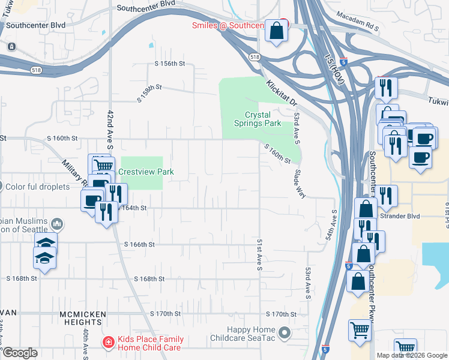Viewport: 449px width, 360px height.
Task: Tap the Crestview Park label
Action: (x=146, y=172)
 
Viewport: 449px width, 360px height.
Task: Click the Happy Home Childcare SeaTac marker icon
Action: (x=285, y=331)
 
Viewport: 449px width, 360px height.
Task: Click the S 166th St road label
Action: (x=140, y=245)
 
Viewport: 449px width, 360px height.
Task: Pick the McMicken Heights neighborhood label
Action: (x=83, y=314)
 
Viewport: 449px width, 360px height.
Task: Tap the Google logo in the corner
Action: (x=20, y=353)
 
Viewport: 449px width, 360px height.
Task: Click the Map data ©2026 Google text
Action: (x=412, y=355)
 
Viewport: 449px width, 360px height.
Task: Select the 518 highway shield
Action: (x=255, y=56)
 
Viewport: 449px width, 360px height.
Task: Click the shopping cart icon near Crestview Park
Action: (x=103, y=165)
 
